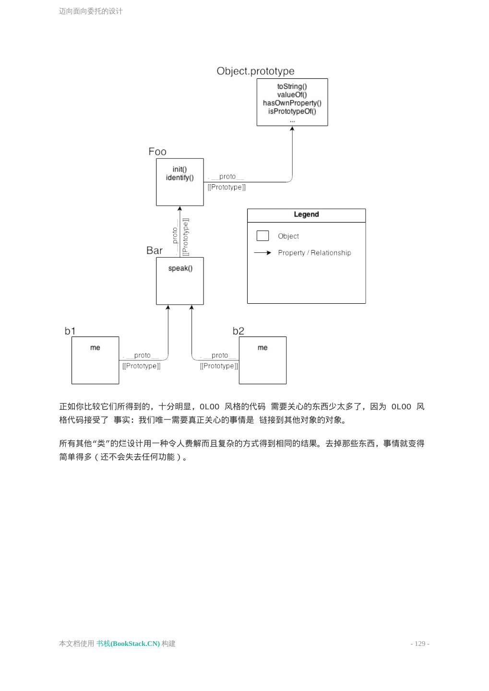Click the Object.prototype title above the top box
[255, 71]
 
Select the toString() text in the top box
[292, 86]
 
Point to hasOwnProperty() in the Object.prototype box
[292, 103]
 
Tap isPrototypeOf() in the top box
[292, 111]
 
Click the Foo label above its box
[157, 152]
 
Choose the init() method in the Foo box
[179, 169]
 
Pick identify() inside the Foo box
[179, 178]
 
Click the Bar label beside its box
[155, 250]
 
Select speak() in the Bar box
[180, 268]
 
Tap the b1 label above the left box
[70, 331]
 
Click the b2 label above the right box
[239, 331]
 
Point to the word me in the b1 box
[95, 347]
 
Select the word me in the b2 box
[262, 347]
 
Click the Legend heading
[306, 214]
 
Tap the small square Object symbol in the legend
[262, 236]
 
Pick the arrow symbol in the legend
[262, 252]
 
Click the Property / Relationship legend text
[314, 253]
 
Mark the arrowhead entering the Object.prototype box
[292, 129]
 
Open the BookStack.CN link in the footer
[128, 643]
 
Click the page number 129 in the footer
[420, 643]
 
